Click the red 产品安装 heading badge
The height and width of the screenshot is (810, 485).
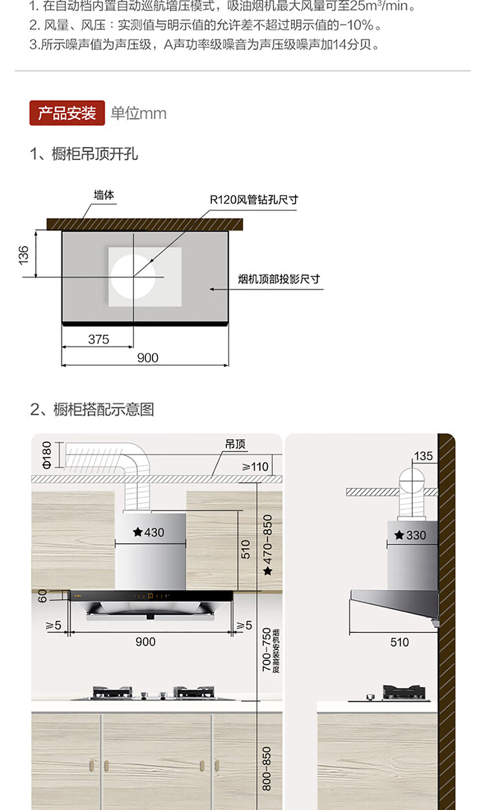pos(67,113)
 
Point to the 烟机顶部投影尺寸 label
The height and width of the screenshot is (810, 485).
pos(279,280)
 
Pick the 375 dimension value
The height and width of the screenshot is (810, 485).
pos(98,339)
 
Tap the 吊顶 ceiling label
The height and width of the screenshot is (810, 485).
pos(235,445)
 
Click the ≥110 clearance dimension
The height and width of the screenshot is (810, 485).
pos(255,466)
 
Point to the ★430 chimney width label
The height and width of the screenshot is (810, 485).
pos(149,532)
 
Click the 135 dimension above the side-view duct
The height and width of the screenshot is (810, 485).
pos(424,456)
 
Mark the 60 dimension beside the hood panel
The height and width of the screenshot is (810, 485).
pos(43,596)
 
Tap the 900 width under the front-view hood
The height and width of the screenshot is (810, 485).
pos(145,642)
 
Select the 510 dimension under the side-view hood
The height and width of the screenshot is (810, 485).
pos(400,642)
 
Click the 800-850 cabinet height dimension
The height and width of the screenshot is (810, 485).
pos(266,768)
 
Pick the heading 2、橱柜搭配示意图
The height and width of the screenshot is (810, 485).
pos(92,409)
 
